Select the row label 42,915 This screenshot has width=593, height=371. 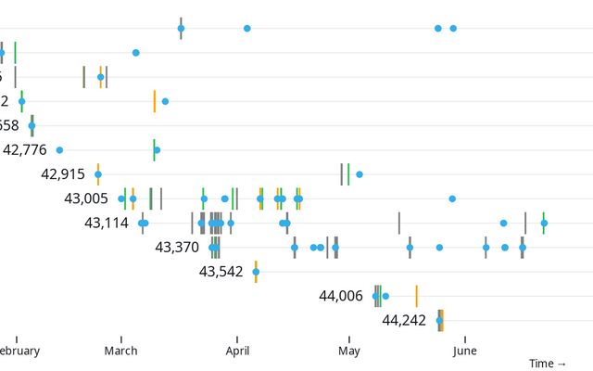tap(63, 173)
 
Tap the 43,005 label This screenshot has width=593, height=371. tap(86, 198)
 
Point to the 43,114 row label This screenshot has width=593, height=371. tap(107, 223)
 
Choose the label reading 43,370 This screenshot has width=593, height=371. tap(177, 248)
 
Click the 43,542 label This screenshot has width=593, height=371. tap(221, 272)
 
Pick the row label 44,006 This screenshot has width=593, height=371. tap(341, 296)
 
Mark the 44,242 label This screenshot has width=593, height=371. tap(404, 321)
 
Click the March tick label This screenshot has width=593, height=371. tap(121, 351)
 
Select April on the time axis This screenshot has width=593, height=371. tap(237, 351)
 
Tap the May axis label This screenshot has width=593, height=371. tap(349, 351)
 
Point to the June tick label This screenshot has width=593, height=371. tap(465, 351)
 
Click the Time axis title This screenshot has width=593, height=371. tap(548, 364)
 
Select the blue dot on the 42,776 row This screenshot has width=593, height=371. tap(59, 149)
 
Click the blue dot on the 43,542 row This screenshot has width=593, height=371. tap(256, 272)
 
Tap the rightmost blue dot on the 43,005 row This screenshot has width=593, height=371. tap(452, 198)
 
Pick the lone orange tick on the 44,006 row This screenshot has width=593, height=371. tap(416, 296)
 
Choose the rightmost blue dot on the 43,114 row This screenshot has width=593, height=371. tap(544, 223)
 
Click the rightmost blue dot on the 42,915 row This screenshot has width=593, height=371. tap(360, 173)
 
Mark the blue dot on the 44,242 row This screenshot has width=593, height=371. tap(439, 321)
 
